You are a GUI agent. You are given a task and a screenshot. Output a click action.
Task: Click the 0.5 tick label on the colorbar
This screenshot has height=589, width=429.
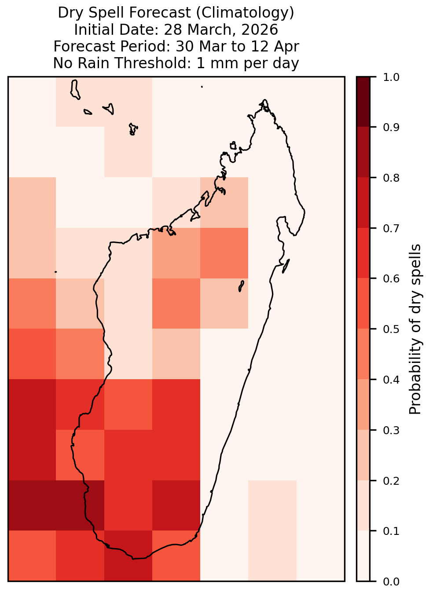[x=391, y=329]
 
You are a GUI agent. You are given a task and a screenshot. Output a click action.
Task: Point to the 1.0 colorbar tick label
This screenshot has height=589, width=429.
[x=391, y=77]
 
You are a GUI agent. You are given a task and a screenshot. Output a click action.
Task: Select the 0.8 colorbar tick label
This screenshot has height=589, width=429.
[x=391, y=178]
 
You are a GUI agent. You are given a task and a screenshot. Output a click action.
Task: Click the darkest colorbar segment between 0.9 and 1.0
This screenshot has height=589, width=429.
[x=363, y=102]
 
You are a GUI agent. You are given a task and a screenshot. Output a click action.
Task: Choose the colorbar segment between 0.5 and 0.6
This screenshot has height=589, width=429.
[x=363, y=304]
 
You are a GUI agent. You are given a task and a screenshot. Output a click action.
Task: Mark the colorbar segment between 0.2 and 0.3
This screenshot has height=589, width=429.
[x=363, y=455]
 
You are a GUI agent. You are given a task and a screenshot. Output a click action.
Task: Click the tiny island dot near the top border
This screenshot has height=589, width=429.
[x=202, y=87]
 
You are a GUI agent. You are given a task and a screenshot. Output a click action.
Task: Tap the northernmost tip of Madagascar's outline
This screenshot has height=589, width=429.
[x=264, y=100]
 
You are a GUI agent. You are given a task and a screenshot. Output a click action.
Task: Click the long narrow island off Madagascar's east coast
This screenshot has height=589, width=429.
[x=286, y=266]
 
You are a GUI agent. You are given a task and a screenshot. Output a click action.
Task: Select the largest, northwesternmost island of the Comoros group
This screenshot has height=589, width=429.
[x=75, y=89]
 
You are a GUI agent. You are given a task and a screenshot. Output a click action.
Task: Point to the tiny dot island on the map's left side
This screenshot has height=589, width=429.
[x=55, y=272]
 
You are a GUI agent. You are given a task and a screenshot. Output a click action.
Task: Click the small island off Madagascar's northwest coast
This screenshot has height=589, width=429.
[x=233, y=146]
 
